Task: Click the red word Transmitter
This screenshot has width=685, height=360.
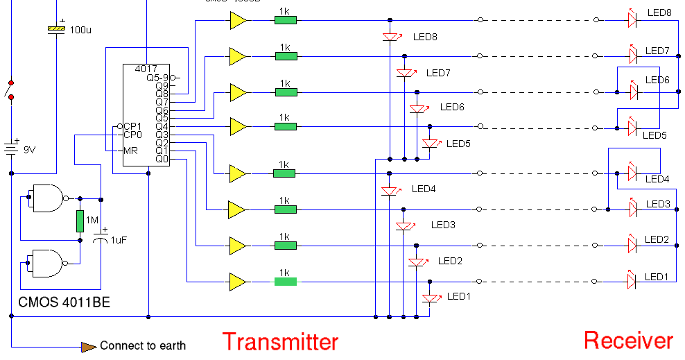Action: pos(280,342)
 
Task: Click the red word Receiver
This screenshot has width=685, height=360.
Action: pos(628,341)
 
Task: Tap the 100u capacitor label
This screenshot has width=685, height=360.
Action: pos(80,30)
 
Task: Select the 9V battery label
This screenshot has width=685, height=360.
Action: pos(30,149)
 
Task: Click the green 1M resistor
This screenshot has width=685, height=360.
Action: pos(80,221)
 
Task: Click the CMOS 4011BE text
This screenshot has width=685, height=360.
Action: pos(64,302)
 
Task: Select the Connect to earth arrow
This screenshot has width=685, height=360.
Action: pos(89,345)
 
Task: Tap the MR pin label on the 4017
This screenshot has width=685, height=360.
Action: pos(131,151)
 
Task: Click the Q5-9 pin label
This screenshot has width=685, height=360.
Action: pos(157,78)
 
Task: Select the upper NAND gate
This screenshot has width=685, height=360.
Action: pos(46,198)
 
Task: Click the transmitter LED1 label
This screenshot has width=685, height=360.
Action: pos(458,296)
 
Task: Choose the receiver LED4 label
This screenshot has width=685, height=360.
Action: pos(657,180)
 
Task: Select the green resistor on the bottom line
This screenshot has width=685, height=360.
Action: pos(285,281)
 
